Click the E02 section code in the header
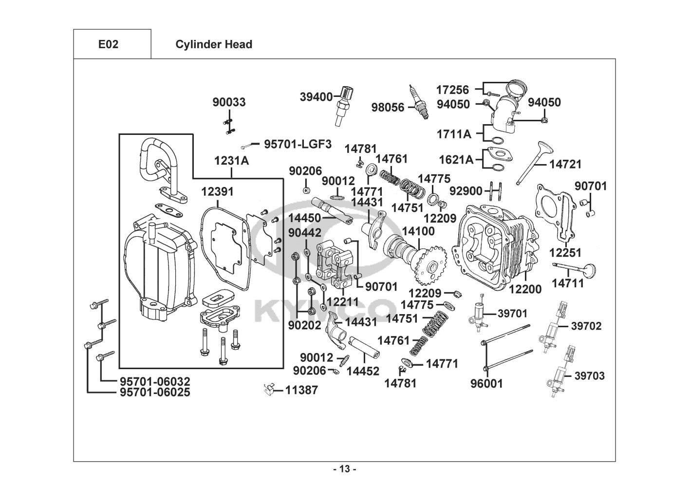pyautogui.click(x=108, y=44)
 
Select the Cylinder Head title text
pyautogui.click(x=214, y=44)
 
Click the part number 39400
pyautogui.click(x=316, y=96)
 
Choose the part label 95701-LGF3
pyautogui.click(x=298, y=144)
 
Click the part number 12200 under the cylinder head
pyautogui.click(x=525, y=289)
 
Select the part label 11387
pyautogui.click(x=301, y=390)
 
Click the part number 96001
pyautogui.click(x=486, y=384)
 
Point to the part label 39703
pyautogui.click(x=589, y=375)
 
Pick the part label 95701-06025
pyautogui.click(x=155, y=392)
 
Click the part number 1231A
pyautogui.click(x=231, y=161)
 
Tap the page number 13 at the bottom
pyautogui.click(x=344, y=469)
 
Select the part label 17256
pyautogui.click(x=452, y=90)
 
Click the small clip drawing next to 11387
pyautogui.click(x=267, y=389)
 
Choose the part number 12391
pyautogui.click(x=217, y=192)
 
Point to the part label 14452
pyautogui.click(x=363, y=371)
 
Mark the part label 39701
pyautogui.click(x=512, y=313)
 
